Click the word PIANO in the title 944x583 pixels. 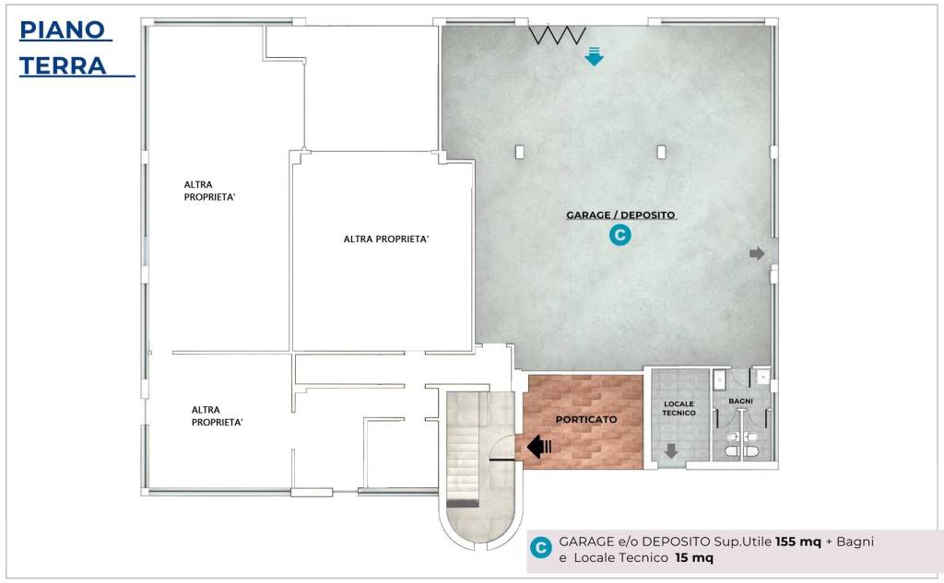point(63,30)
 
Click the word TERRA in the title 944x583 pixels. point(63,65)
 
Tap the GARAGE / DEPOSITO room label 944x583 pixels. point(620,215)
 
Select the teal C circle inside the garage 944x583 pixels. point(620,235)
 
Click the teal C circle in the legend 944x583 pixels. point(540,548)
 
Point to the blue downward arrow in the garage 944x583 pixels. point(595,56)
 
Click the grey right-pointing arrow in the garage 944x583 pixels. point(757,254)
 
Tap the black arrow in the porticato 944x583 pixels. point(539,447)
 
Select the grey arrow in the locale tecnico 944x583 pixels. point(671,450)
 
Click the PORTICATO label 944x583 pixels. point(585,419)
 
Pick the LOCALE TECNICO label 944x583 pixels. point(679,409)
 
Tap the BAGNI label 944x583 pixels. point(740,401)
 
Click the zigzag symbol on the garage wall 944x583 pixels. point(558,36)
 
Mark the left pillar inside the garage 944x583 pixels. point(520,152)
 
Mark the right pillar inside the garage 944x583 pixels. point(661,152)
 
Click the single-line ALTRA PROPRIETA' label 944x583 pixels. point(386,239)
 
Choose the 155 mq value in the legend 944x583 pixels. point(797,542)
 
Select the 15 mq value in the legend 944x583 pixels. point(694,558)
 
